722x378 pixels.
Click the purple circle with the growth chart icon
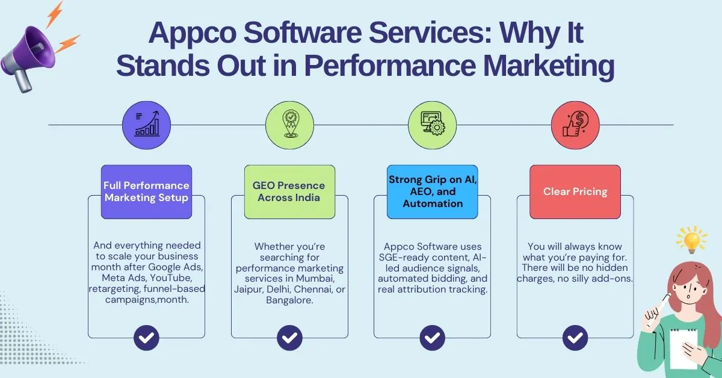coord(146,125)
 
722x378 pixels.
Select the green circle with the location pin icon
coord(289,125)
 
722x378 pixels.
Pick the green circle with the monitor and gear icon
coord(432,125)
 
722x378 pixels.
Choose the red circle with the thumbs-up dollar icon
coord(575,125)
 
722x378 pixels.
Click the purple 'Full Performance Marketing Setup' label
coord(146,191)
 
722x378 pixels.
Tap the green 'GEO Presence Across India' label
coord(289,191)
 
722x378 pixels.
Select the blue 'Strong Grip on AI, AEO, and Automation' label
coord(432,191)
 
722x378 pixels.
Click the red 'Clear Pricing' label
coord(575,191)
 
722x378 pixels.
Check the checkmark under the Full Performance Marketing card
coord(146,337)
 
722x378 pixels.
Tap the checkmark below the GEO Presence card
coord(289,337)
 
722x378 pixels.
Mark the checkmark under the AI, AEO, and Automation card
coord(432,337)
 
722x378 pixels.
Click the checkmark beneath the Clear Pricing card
coord(575,337)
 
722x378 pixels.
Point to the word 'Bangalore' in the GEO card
coord(289,300)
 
